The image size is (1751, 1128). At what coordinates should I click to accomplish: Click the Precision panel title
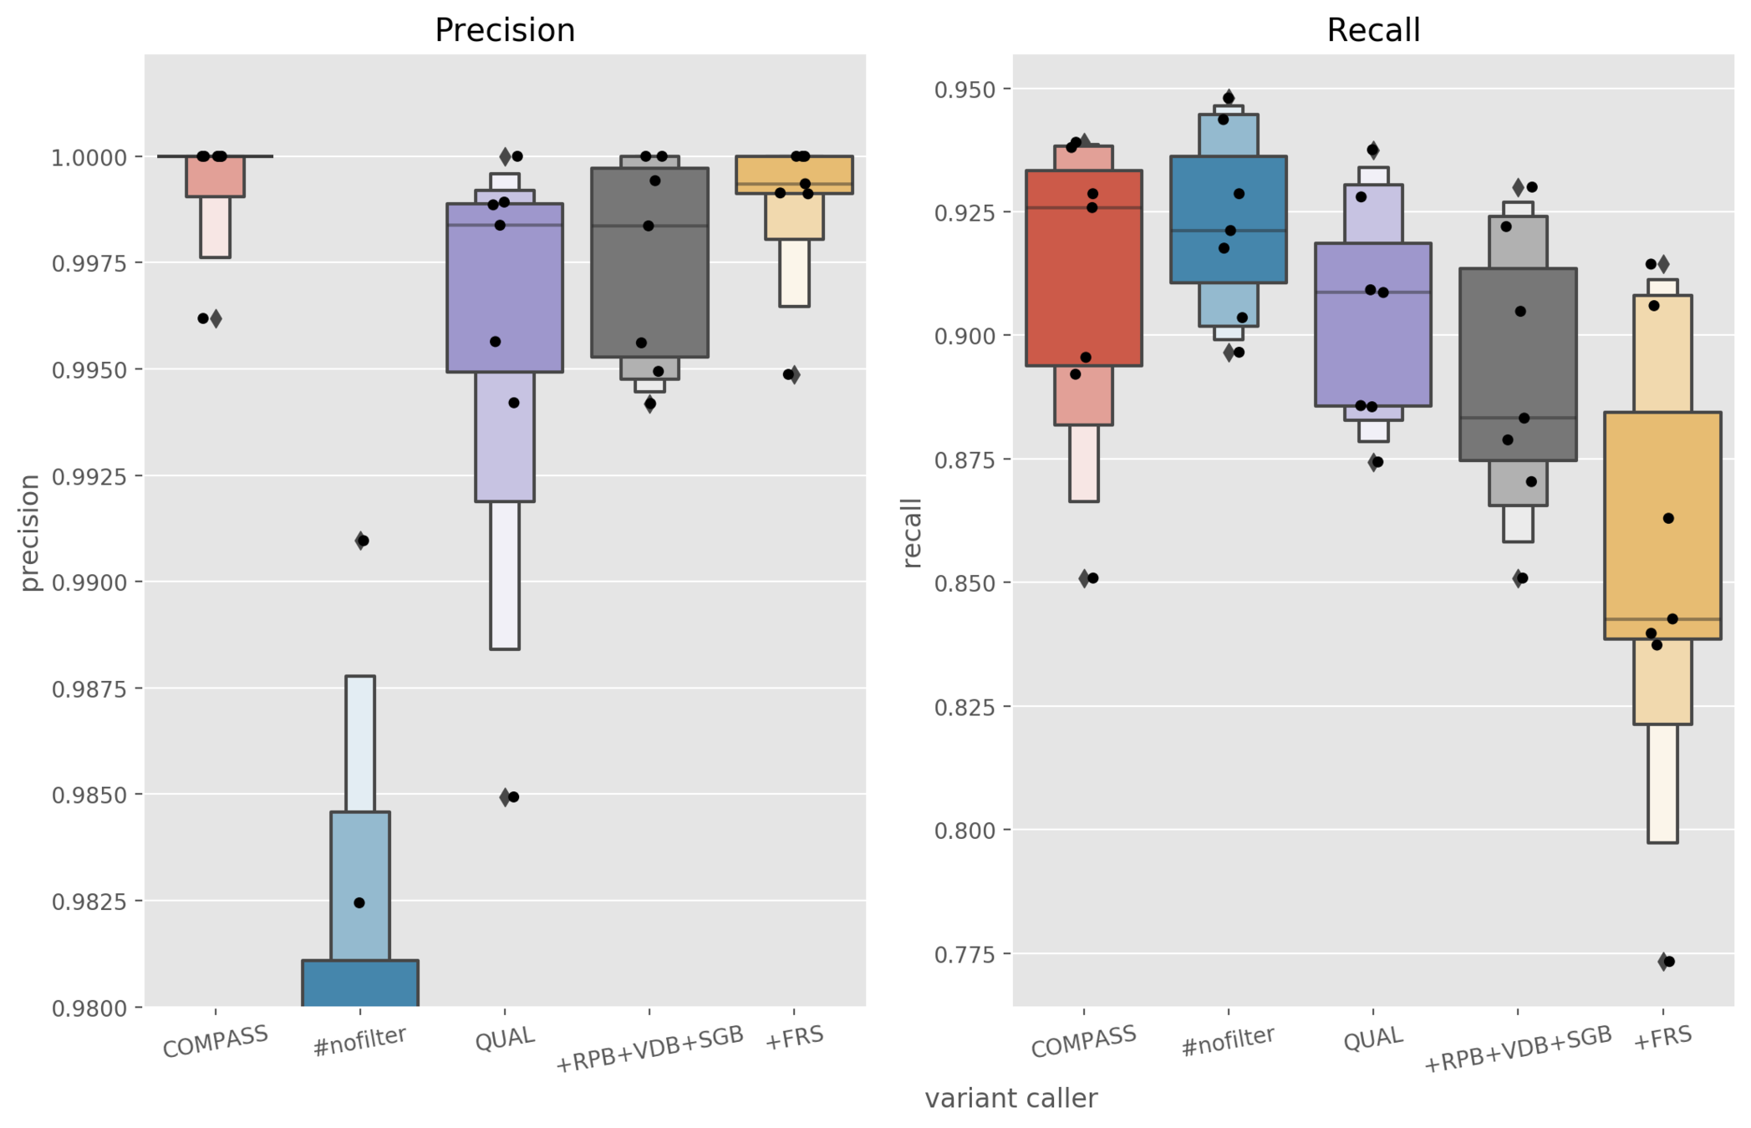pyautogui.click(x=505, y=31)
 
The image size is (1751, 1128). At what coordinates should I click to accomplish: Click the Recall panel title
pyautogui.click(x=1372, y=31)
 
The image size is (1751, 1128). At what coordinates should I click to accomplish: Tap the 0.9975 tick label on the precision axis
pyautogui.click(x=89, y=264)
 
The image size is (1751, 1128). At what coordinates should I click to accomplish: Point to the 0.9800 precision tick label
pyautogui.click(x=89, y=1009)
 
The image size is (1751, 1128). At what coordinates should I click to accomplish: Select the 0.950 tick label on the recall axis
pyautogui.click(x=965, y=89)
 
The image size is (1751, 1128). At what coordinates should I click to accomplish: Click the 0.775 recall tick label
pyautogui.click(x=965, y=954)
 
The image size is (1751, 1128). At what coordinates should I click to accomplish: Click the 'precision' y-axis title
pyautogui.click(x=30, y=533)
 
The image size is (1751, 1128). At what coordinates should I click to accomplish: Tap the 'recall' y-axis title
pyautogui.click(x=912, y=533)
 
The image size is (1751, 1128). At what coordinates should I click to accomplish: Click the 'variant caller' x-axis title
pyautogui.click(x=1010, y=1098)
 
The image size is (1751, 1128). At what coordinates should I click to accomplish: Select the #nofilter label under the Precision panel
pyautogui.click(x=359, y=1041)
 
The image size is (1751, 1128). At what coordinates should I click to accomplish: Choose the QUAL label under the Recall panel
pyautogui.click(x=1372, y=1039)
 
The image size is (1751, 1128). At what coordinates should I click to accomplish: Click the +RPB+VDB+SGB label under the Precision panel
pyautogui.click(x=649, y=1049)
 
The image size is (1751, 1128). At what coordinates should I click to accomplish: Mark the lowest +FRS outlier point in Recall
pyautogui.click(x=1669, y=962)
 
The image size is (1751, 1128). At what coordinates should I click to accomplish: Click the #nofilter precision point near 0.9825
pyautogui.click(x=359, y=902)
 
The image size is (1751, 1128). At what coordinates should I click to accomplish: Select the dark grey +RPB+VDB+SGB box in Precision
pyautogui.click(x=649, y=276)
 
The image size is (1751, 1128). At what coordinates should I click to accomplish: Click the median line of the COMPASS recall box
pyautogui.click(x=1083, y=208)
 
